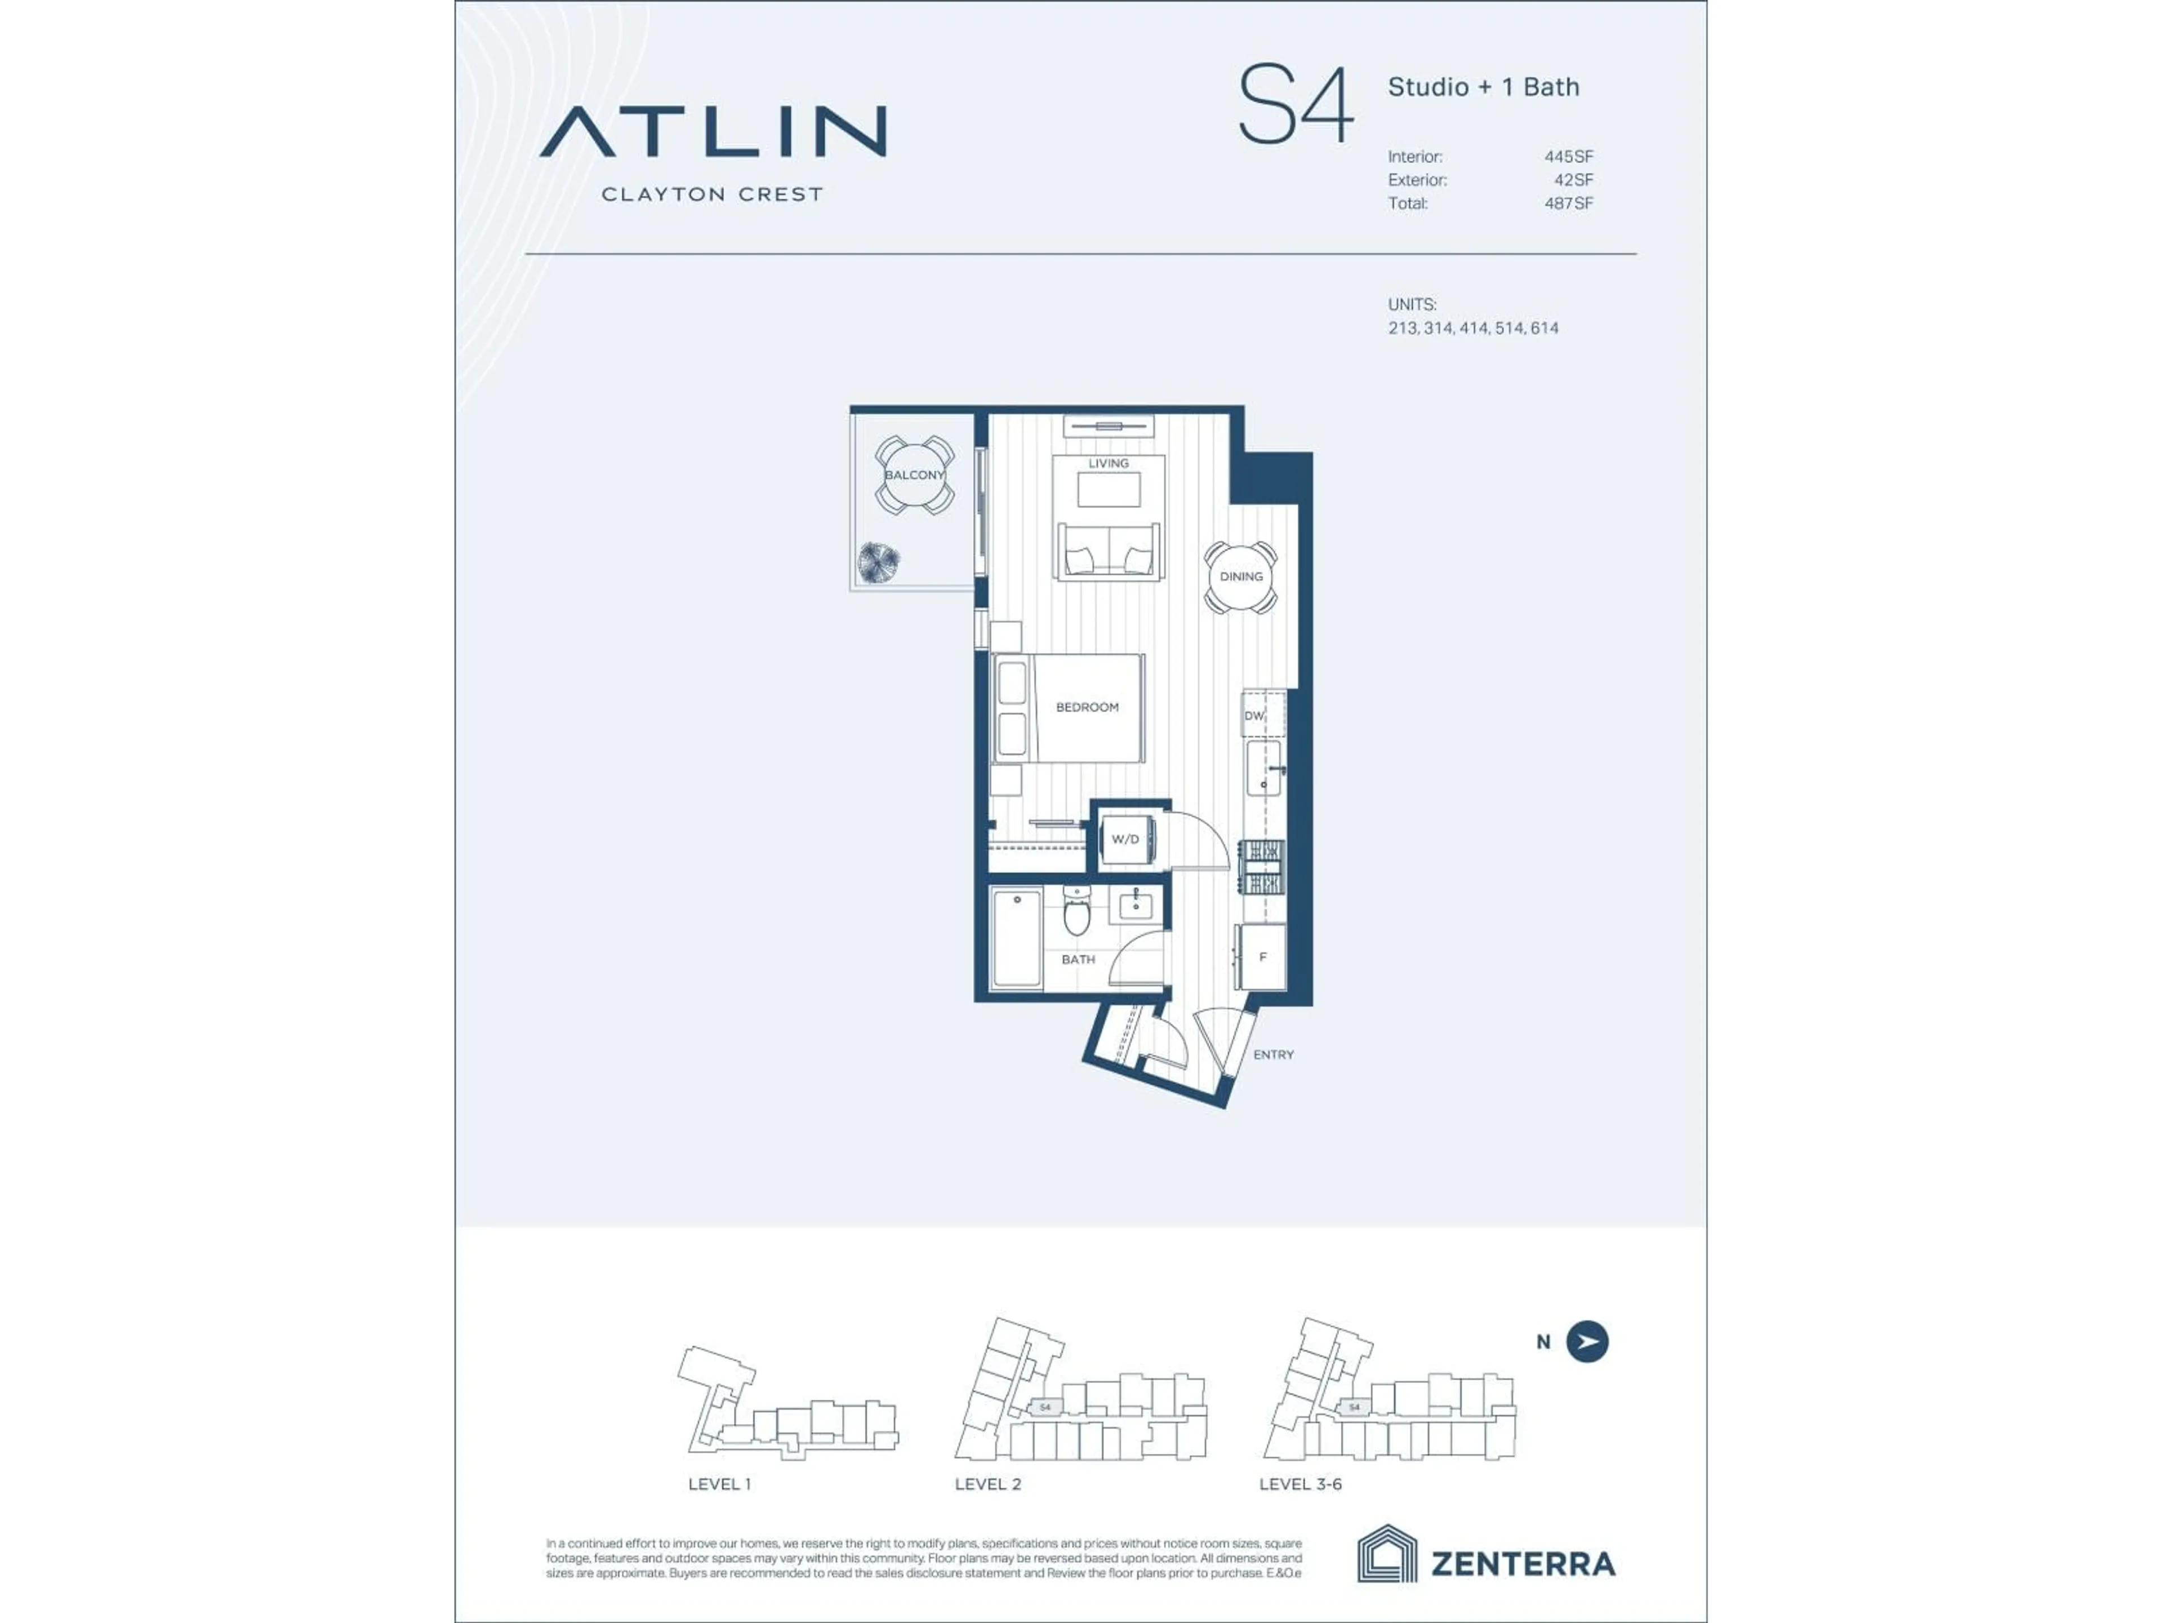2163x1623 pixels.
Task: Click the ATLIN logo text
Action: [x=713, y=132]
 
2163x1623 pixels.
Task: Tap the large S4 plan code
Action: [x=1296, y=105]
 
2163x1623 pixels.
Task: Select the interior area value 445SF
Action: [x=1569, y=157]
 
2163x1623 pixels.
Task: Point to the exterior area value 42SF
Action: [x=1573, y=180]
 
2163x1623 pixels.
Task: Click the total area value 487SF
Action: [x=1569, y=203]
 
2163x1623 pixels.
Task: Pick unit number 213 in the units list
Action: [x=1402, y=329]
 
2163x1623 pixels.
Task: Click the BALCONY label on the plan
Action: [x=914, y=476]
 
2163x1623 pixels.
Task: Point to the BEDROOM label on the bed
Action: [x=1087, y=707]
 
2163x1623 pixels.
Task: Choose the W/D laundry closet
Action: [x=1125, y=839]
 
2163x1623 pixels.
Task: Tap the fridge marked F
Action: [x=1262, y=957]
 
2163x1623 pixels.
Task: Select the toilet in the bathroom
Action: [x=1076, y=912]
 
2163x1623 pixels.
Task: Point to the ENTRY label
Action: [x=1273, y=1054]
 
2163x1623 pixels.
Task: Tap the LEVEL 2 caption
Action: [x=987, y=1484]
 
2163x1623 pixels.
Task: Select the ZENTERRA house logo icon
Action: [x=1387, y=1554]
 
